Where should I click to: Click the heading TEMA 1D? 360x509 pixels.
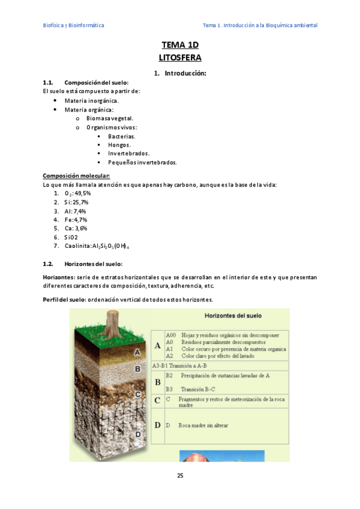(x=179, y=45)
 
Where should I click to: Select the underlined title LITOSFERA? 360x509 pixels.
(x=179, y=58)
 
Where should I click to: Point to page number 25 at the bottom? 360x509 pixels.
(x=180, y=475)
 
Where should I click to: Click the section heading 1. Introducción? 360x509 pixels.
(x=180, y=73)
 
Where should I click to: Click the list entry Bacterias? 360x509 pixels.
(x=121, y=136)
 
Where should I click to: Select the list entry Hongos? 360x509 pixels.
(x=119, y=145)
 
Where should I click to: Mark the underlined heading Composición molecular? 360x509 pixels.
(x=76, y=176)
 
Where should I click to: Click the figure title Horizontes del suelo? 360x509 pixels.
(x=233, y=316)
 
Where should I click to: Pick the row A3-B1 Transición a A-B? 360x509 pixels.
(x=179, y=365)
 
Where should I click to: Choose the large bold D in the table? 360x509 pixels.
(x=157, y=426)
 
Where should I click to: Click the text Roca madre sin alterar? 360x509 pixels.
(x=203, y=426)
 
